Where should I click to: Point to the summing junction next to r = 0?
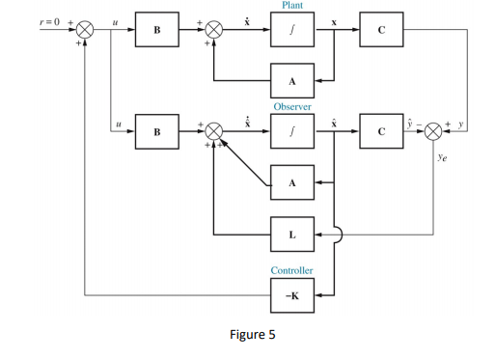(85, 31)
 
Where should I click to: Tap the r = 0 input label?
(43, 19)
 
